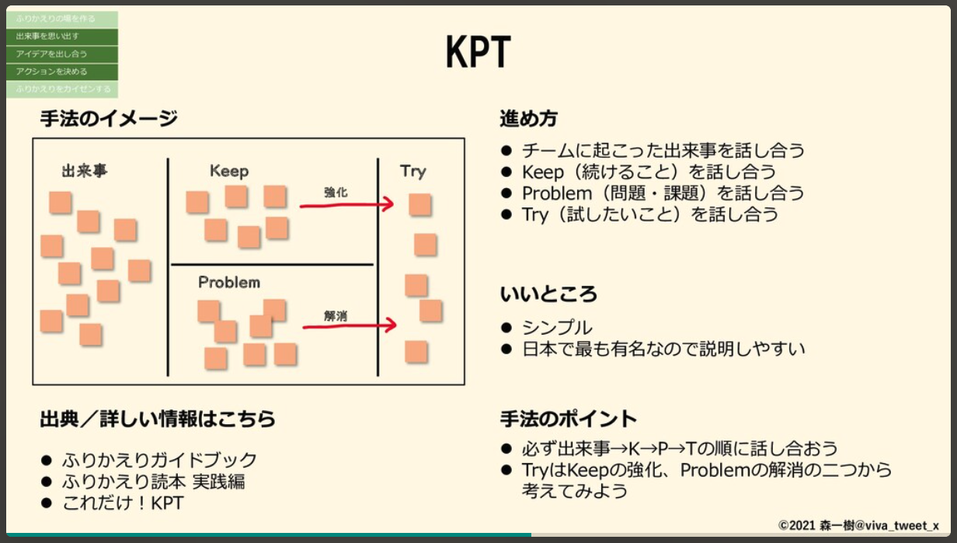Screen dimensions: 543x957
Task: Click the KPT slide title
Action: [x=478, y=53]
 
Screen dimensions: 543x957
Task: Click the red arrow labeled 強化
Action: [x=346, y=205]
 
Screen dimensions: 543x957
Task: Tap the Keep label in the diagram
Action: [x=229, y=171]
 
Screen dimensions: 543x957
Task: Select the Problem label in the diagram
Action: [x=229, y=282]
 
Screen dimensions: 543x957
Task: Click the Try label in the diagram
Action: [x=413, y=171]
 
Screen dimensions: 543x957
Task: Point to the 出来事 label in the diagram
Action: [x=85, y=172]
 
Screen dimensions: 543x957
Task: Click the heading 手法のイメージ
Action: [x=109, y=119]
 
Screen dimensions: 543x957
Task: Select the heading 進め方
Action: [x=528, y=119]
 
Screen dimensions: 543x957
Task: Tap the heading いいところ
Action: [x=548, y=294]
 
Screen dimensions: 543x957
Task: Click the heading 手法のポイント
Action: [x=568, y=419]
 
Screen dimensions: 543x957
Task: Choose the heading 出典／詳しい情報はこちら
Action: [x=158, y=419]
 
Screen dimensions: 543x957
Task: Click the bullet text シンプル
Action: [x=557, y=328]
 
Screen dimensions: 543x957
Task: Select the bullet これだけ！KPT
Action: [x=123, y=503]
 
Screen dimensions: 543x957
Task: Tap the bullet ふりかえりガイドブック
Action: [x=159, y=460]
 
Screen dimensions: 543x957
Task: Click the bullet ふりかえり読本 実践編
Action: [x=154, y=482]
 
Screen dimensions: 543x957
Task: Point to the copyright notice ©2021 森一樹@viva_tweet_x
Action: [x=858, y=525]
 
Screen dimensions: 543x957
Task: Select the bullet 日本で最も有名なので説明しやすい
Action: [x=663, y=349]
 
